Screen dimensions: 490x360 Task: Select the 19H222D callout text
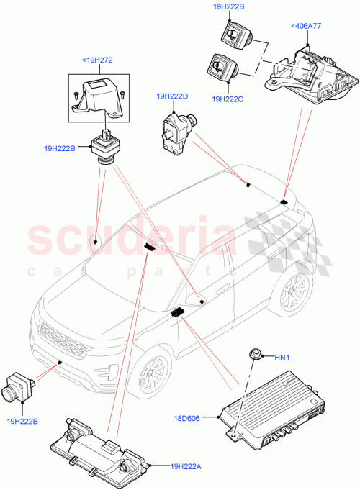[x=173, y=96]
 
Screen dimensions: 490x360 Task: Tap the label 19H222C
[x=229, y=99]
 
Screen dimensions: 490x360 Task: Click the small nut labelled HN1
[x=254, y=354]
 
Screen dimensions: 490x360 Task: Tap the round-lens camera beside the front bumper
[x=21, y=389]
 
